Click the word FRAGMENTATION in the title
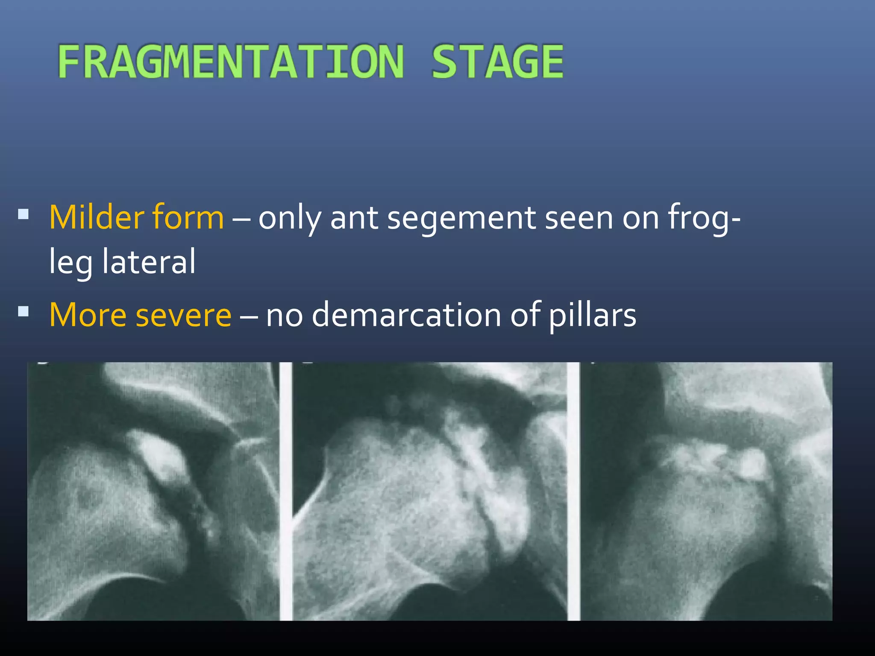[x=231, y=62]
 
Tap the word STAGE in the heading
[x=497, y=62]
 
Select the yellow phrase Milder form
[x=136, y=217]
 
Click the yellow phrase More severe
[x=140, y=315]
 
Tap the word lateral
[x=149, y=261]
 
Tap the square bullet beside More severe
[x=23, y=311]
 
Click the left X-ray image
[x=153, y=491]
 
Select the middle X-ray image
[x=430, y=491]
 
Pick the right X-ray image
[x=706, y=491]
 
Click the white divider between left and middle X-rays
[x=286, y=491]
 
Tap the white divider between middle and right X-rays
[x=573, y=491]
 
